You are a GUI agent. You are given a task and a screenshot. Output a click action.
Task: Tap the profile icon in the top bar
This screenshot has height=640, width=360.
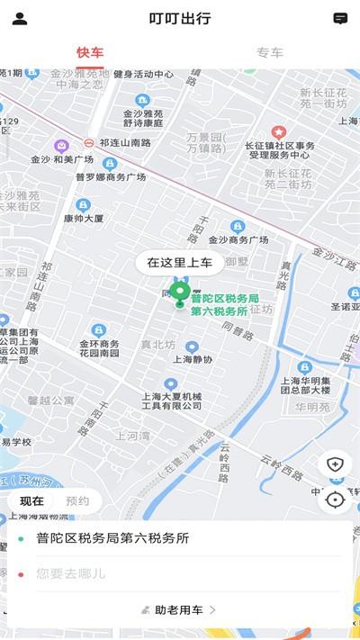click(x=20, y=18)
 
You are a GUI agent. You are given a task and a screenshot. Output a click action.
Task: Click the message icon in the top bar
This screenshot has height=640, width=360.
click(x=340, y=18)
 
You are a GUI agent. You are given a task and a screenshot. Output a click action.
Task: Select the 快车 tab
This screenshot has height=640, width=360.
click(x=90, y=52)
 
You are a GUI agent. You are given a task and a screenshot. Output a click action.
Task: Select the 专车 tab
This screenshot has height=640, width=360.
click(x=270, y=52)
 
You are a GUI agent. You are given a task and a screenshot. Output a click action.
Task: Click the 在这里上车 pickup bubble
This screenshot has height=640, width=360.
click(x=180, y=262)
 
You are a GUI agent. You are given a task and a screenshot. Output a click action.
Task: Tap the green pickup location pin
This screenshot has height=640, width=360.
click(x=180, y=293)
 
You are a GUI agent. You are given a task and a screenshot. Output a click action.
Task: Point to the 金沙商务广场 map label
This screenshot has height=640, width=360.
click(x=238, y=240)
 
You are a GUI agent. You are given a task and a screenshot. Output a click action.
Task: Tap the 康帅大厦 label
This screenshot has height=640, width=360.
click(x=84, y=218)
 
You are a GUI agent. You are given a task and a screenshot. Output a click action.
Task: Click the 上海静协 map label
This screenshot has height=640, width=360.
click(x=193, y=358)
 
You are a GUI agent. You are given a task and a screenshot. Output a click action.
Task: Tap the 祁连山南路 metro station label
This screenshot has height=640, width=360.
click(x=125, y=142)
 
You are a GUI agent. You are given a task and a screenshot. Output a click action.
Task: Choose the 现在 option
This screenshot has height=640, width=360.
click(x=31, y=501)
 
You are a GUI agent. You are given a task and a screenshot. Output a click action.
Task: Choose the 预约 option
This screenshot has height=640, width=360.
click(x=78, y=501)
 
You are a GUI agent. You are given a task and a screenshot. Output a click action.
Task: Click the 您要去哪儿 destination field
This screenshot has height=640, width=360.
click(x=180, y=572)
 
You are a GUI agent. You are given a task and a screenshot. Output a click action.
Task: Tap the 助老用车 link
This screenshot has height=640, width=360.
click(x=179, y=609)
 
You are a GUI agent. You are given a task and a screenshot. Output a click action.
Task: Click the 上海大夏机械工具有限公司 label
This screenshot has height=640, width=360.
click(x=172, y=401)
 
